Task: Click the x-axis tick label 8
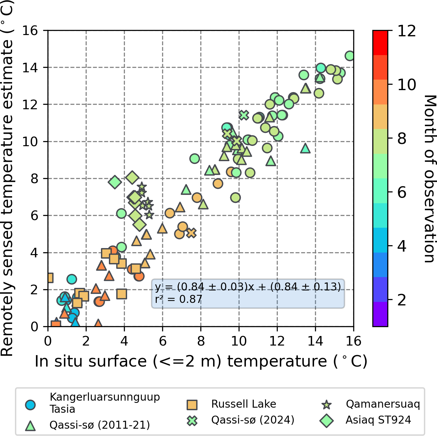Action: [201, 341]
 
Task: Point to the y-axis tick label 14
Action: [30, 68]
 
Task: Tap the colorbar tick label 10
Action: [407, 85]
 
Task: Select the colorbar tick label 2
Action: [402, 300]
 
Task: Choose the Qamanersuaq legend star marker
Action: [326, 405]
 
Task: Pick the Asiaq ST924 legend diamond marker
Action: [326, 420]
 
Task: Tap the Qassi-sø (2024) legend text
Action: [253, 420]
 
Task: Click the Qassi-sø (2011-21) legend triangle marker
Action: [30, 425]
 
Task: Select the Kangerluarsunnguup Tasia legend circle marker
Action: [30, 405]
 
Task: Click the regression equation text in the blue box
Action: [248, 287]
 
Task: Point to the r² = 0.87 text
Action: [178, 299]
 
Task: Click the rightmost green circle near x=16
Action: [350, 56]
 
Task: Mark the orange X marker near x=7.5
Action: [191, 233]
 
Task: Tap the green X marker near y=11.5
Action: [244, 115]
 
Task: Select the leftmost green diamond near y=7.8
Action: [115, 182]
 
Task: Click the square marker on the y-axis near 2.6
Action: [49, 278]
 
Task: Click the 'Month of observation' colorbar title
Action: [429, 178]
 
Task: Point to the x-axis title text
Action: [201, 361]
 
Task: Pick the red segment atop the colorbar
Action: [380, 43]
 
